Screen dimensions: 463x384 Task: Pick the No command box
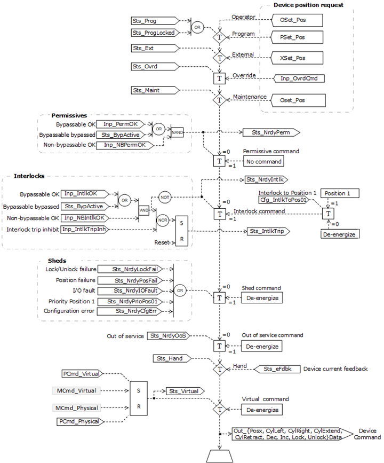(x=264, y=161)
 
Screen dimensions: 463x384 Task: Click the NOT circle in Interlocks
(x=165, y=197)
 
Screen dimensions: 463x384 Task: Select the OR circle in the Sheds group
(x=180, y=291)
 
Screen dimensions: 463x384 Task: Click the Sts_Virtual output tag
(x=182, y=391)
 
